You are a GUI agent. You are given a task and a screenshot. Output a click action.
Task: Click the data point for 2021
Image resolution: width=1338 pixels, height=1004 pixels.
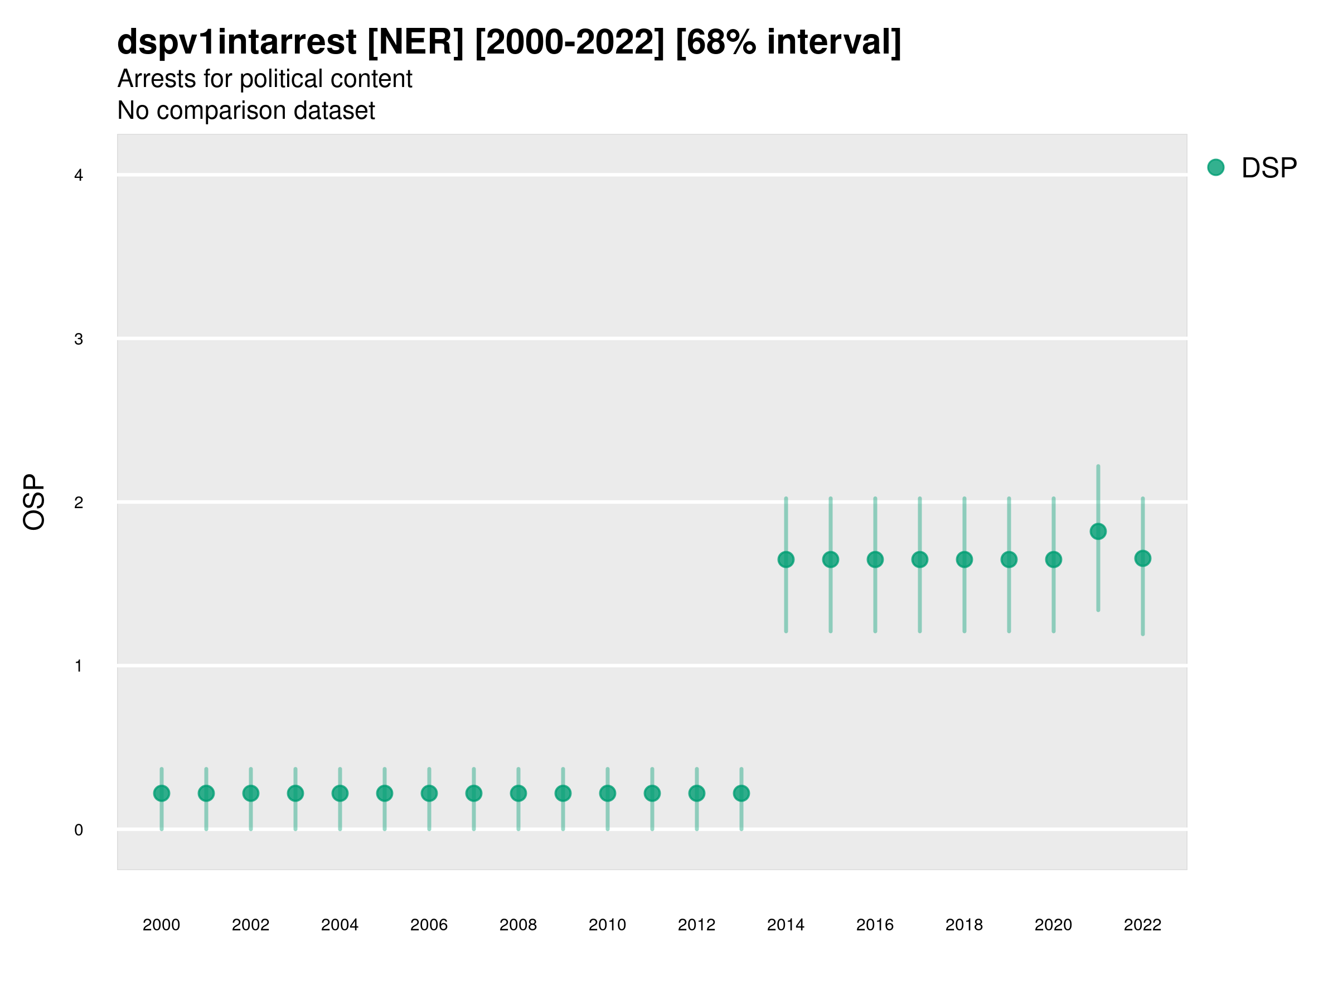click(x=1098, y=532)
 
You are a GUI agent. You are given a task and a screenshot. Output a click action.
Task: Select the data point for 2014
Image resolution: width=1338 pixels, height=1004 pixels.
click(x=786, y=560)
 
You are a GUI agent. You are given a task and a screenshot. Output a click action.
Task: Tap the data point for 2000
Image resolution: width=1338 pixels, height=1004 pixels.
click(x=162, y=793)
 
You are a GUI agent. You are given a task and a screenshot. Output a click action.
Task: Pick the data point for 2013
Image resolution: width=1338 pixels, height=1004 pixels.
click(x=741, y=793)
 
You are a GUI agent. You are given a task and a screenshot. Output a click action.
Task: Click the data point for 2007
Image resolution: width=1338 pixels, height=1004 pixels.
click(x=474, y=793)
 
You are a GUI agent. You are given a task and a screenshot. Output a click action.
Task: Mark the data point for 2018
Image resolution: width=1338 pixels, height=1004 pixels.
click(x=964, y=560)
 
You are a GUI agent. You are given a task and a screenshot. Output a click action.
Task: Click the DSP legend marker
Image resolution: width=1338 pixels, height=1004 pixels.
click(x=1216, y=168)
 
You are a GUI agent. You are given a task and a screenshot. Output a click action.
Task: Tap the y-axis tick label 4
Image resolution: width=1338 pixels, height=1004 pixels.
click(x=79, y=176)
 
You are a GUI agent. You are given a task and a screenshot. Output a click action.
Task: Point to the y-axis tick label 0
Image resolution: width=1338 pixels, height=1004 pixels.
click(x=79, y=831)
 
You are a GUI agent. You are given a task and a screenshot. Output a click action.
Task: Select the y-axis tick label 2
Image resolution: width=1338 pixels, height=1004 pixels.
click(x=79, y=503)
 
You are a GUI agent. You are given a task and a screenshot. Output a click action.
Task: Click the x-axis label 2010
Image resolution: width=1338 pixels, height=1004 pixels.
click(x=607, y=925)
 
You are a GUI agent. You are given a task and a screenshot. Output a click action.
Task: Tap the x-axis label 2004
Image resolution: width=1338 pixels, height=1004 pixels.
click(x=340, y=925)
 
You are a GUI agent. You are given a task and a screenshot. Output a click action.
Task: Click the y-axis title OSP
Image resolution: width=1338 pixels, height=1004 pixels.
click(x=35, y=503)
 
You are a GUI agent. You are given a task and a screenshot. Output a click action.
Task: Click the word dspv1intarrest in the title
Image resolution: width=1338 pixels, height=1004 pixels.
click(x=236, y=42)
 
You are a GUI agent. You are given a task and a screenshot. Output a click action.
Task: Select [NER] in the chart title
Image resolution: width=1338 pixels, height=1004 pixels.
click(x=415, y=42)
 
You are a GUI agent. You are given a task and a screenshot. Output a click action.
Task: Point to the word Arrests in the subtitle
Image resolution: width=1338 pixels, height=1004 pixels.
click(x=157, y=79)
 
